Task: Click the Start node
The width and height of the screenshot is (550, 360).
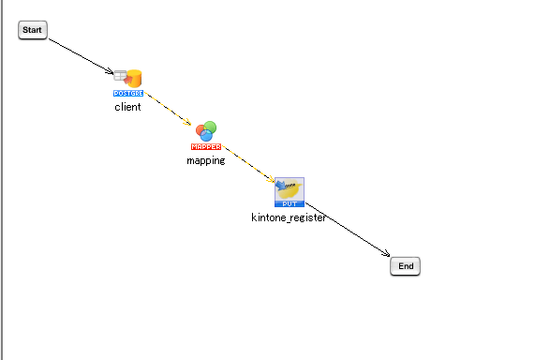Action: (33, 30)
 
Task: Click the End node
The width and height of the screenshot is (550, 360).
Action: (406, 266)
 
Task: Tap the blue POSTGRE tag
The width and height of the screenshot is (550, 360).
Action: (128, 94)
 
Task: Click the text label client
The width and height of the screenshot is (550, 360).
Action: (128, 107)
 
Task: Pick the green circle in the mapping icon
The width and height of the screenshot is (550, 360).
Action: (210, 127)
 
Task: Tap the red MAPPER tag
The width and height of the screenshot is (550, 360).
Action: (206, 147)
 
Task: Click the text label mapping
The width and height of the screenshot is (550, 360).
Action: (206, 160)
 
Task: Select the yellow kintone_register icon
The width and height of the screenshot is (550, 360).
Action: (290, 187)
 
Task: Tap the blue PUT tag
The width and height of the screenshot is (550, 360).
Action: (289, 202)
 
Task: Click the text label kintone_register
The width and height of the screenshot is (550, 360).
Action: (289, 217)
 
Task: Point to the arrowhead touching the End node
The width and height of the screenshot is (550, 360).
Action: (386, 252)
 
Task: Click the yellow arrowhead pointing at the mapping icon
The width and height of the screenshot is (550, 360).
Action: (189, 123)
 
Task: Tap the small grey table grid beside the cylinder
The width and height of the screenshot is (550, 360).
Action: (120, 74)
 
